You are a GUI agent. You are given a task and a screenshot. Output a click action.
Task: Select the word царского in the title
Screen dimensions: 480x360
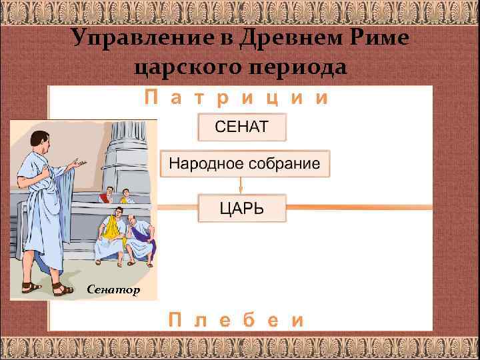182,67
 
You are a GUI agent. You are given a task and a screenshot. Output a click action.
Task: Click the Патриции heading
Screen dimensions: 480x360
237,99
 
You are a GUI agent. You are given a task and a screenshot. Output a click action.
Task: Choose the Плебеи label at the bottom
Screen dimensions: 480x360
237,319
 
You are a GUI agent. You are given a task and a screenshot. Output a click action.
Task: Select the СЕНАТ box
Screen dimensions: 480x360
241,127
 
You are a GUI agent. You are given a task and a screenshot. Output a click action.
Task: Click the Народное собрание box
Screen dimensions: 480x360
244,163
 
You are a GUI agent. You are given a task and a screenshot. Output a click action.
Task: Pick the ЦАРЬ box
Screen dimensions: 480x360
241,207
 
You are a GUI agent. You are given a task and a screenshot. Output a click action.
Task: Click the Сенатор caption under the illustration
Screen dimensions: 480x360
114,289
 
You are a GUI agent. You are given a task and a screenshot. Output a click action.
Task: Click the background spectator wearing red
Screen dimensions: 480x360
104,196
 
